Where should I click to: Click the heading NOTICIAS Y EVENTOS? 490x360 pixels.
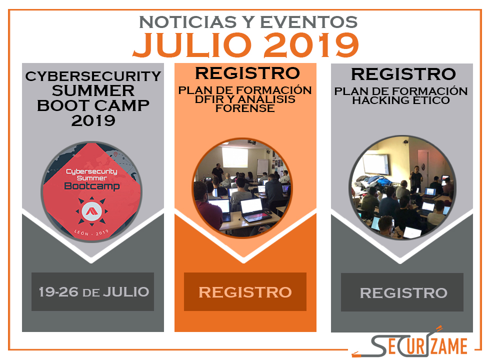[248, 22]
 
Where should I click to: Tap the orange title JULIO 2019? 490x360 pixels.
[246, 45]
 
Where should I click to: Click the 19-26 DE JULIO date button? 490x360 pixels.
[93, 291]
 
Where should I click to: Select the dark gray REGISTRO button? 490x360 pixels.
[402, 292]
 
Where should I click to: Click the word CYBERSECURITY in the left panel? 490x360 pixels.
[93, 76]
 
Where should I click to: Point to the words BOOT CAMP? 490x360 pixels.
[93, 105]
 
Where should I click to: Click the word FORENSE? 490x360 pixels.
[245, 108]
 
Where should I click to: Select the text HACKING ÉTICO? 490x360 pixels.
[401, 100]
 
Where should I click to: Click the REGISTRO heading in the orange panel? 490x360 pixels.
[247, 73]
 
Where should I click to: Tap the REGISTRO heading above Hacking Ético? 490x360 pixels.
[403, 74]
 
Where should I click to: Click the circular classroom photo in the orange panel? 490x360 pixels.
[242, 188]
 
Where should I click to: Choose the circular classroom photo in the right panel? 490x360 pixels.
[402, 187]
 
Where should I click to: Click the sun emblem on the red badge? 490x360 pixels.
[91, 211]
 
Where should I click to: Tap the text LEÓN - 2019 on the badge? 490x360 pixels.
[91, 233]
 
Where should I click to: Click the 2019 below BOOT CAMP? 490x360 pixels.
[93, 121]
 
